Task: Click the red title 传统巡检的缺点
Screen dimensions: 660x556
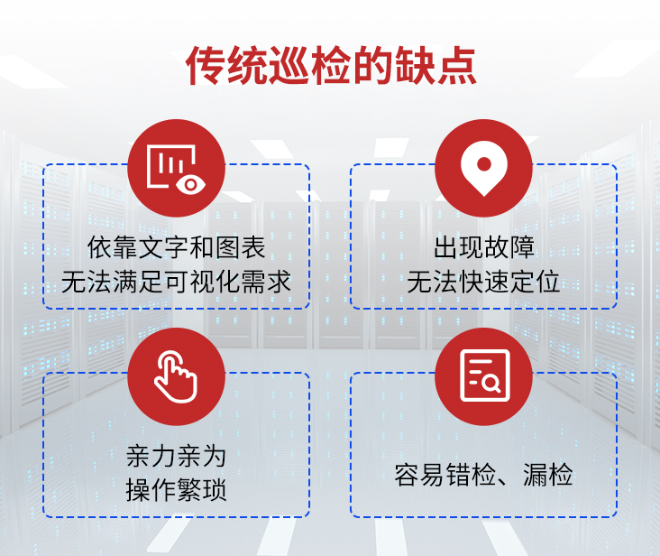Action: pyautogui.click(x=331, y=66)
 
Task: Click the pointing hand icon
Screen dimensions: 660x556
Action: pyautogui.click(x=176, y=376)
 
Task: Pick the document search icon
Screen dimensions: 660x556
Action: pyautogui.click(x=485, y=375)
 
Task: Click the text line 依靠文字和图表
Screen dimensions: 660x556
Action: pyautogui.click(x=177, y=246)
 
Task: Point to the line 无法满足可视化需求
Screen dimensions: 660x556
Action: pyautogui.click(x=177, y=282)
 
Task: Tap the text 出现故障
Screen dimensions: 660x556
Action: pyautogui.click(x=484, y=246)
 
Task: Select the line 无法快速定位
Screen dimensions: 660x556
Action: pyautogui.click(x=483, y=282)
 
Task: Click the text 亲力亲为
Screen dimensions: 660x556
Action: pyautogui.click(x=177, y=456)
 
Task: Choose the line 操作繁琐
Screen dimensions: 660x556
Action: pyautogui.click(x=177, y=490)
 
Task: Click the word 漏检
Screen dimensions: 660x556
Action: pyautogui.click(x=547, y=475)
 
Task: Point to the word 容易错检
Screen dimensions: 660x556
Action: pyautogui.click(x=445, y=475)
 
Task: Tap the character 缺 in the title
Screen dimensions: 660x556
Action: pyautogui.click(x=415, y=66)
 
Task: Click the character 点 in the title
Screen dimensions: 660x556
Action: pyautogui.click(x=456, y=66)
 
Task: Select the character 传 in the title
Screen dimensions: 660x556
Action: pyautogui.click(x=206, y=66)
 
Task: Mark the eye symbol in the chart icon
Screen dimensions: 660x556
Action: pyautogui.click(x=191, y=184)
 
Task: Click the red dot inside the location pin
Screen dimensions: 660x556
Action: pyautogui.click(x=484, y=164)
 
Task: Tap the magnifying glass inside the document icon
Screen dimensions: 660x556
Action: pyautogui.click(x=491, y=384)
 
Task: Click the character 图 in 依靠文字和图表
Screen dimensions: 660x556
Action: pyautogui.click(x=228, y=246)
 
